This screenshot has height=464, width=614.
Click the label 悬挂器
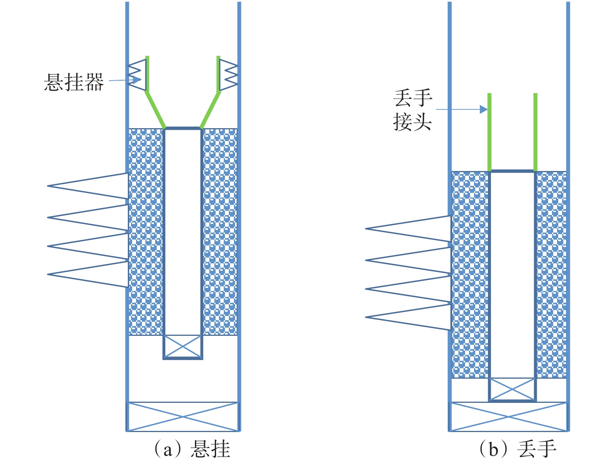(74, 82)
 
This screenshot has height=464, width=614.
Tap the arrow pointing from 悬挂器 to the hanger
(125, 80)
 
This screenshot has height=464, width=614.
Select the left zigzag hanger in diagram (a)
(137, 75)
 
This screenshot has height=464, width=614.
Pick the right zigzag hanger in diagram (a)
(229, 75)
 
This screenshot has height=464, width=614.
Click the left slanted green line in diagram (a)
(156, 110)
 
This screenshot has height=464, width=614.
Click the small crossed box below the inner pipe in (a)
(183, 346)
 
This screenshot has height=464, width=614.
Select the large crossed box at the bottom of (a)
(183, 416)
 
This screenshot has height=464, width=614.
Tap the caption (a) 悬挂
(192, 450)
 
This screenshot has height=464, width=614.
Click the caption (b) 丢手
(517, 450)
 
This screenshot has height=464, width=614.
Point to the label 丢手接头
(412, 110)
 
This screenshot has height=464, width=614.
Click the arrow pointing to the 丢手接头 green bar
(462, 109)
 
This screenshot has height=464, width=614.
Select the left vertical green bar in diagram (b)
(489, 132)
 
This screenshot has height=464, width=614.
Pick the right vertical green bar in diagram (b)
(535, 132)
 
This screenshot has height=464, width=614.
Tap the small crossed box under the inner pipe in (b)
(512, 389)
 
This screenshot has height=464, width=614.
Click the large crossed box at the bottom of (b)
(509, 417)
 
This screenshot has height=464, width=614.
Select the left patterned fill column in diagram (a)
(146, 232)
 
